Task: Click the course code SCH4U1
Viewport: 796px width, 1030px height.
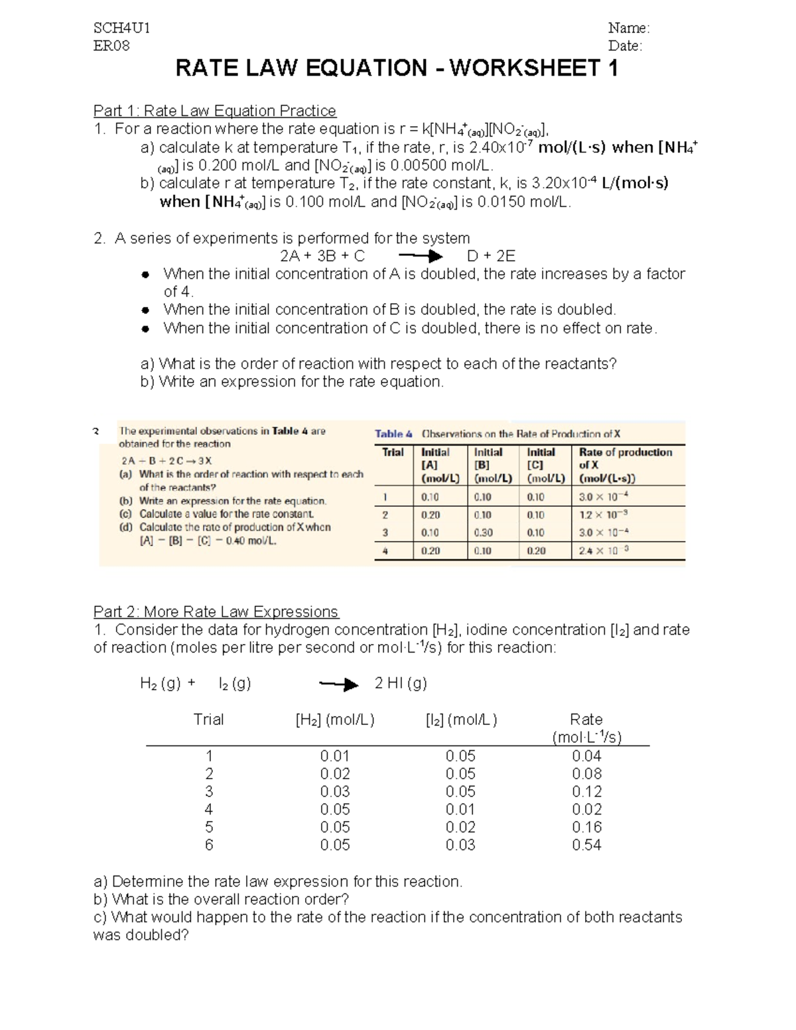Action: [x=121, y=28]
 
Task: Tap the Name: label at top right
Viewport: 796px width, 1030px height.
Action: [x=628, y=28]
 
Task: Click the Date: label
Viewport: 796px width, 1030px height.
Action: [x=625, y=46]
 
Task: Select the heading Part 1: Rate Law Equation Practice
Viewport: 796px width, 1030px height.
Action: [x=214, y=111]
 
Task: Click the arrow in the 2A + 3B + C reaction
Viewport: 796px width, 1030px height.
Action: [x=420, y=257]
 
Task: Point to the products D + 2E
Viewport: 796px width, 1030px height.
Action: [x=491, y=257]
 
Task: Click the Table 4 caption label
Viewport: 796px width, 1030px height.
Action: [x=393, y=434]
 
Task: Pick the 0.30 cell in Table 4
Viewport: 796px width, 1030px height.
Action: [x=484, y=533]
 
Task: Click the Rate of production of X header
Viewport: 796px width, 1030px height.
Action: [x=626, y=458]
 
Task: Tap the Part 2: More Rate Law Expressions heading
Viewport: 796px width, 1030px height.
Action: [x=216, y=612]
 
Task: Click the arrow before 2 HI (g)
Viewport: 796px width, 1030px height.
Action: [x=339, y=684]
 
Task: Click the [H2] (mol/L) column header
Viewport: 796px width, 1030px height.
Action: [x=335, y=720]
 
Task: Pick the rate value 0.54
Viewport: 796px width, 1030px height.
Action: [x=586, y=845]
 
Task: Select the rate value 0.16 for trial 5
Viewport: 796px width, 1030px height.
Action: [x=586, y=827]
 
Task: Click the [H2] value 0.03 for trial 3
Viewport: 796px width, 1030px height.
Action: [x=334, y=791]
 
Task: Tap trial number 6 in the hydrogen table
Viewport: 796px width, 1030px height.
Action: [x=209, y=845]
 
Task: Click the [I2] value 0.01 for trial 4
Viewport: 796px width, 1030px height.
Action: [x=460, y=809]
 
